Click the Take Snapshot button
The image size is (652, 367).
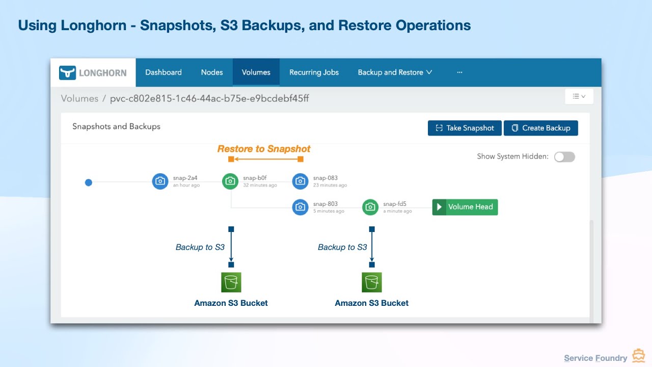[x=465, y=128]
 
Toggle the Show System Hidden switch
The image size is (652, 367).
[x=564, y=156]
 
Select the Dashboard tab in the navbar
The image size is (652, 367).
[x=164, y=72]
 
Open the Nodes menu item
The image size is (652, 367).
[x=212, y=72]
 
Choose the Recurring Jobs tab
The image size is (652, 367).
[x=314, y=72]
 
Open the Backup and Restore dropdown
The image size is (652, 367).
[x=395, y=72]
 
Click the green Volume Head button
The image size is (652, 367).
[x=465, y=207]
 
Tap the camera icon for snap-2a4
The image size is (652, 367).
[x=160, y=181]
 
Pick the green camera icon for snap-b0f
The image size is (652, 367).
[x=231, y=181]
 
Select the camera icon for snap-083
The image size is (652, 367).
[x=301, y=181]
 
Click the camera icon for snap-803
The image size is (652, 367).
[x=301, y=207]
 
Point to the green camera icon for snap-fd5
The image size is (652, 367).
[x=370, y=207]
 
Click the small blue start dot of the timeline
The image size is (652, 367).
[x=89, y=182]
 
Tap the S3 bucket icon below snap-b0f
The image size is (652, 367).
[x=231, y=282]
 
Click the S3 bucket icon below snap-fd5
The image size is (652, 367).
[x=371, y=282]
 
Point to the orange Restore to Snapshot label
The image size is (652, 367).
[x=264, y=149]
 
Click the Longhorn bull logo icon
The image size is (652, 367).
[x=67, y=72]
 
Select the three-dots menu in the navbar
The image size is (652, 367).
[x=459, y=72]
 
